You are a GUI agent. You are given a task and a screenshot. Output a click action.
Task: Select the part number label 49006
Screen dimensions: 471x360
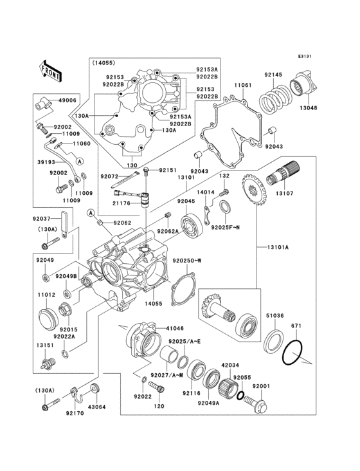coord(67,101)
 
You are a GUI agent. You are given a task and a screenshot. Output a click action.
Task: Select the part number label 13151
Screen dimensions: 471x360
coord(44,345)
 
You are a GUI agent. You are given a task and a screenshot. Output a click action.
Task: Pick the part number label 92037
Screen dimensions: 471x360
coord(43,218)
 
